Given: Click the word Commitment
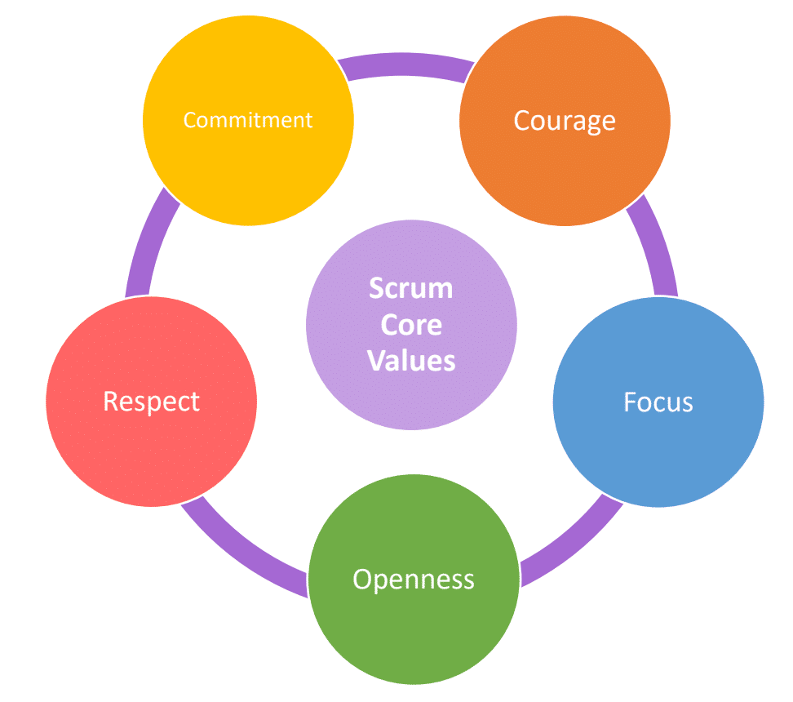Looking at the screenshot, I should click(248, 120).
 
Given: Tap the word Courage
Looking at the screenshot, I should click(565, 121).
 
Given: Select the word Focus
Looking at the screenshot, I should click(658, 402).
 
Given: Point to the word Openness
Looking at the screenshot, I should click(414, 580).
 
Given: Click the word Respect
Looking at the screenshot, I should click(151, 401).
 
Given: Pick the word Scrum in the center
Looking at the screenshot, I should click(411, 288).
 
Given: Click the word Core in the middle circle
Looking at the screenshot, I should click(411, 324).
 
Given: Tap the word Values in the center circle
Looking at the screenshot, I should click(411, 360).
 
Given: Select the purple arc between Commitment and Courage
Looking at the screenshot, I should click(405, 64).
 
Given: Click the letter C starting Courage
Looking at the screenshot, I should click(522, 121).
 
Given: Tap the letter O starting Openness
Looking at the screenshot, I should click(362, 580).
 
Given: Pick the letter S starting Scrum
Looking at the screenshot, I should click(376, 288).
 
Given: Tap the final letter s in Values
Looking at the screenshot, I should click(450, 361).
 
